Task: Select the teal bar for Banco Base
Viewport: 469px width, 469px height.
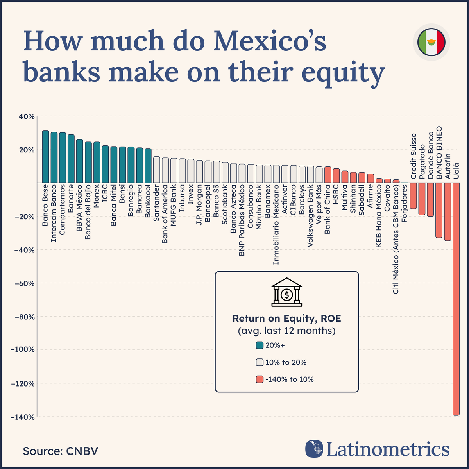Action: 45,157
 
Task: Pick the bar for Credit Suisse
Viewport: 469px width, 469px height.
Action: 413,196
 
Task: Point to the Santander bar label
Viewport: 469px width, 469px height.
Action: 156,204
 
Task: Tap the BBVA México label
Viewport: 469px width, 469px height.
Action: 79,209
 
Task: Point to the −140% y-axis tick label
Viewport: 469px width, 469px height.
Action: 24,417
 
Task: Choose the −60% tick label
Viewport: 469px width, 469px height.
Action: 26,283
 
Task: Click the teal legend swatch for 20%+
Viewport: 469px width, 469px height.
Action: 260,345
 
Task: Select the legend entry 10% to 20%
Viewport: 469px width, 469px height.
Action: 285,362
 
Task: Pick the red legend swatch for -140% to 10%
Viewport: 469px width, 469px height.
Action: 260,379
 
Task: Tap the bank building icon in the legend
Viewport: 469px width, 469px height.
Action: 287,293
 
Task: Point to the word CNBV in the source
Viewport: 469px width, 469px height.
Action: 82,451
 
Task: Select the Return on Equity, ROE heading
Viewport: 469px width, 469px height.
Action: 286,319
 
